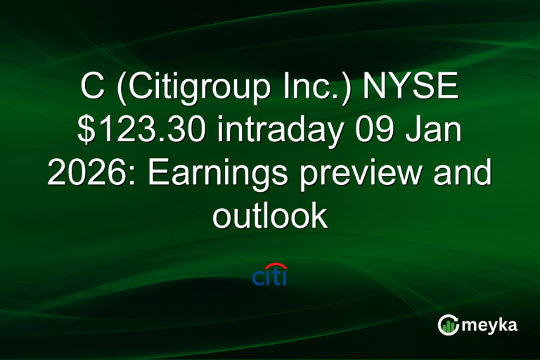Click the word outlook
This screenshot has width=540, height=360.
point(270,216)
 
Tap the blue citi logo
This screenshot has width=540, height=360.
point(269,275)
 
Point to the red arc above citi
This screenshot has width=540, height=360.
point(275,266)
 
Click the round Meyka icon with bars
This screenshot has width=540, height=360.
point(448,324)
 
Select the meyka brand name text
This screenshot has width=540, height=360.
point(491,325)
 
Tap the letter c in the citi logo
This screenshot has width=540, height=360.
point(257,278)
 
